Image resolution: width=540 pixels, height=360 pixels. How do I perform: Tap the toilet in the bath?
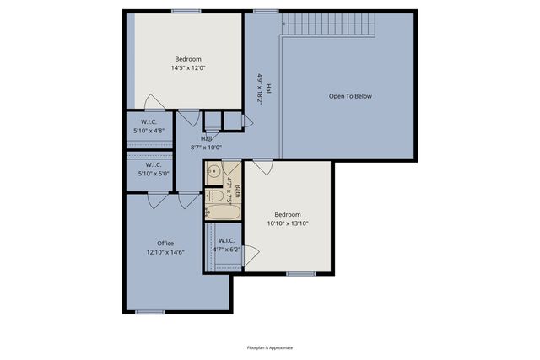click(215, 196)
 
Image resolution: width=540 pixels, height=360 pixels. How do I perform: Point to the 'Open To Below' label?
click(350, 96)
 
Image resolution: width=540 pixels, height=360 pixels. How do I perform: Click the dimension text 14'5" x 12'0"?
click(188, 67)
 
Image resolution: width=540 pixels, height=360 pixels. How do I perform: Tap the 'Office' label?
click(165, 243)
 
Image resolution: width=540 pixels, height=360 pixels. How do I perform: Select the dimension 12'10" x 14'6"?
click(165, 251)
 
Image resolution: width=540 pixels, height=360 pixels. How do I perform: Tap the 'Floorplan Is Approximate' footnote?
click(270, 347)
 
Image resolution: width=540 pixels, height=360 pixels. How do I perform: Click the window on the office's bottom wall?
click(149, 312)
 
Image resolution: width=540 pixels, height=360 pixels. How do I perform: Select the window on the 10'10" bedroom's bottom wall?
click(300, 273)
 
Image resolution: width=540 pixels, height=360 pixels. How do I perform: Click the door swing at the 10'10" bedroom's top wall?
click(263, 166)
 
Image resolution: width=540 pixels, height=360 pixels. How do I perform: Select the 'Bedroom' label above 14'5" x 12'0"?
click(188, 59)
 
